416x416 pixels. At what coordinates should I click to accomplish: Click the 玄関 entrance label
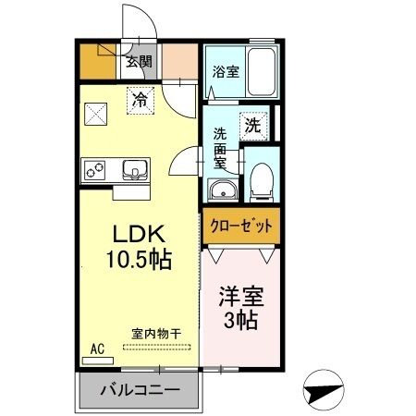click(x=140, y=63)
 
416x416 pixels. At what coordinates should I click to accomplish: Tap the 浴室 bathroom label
click(x=226, y=69)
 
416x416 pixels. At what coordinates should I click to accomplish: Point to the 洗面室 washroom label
click(x=222, y=146)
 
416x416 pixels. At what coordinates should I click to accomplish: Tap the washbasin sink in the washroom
click(x=224, y=190)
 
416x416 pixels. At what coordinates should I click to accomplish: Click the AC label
click(x=96, y=349)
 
